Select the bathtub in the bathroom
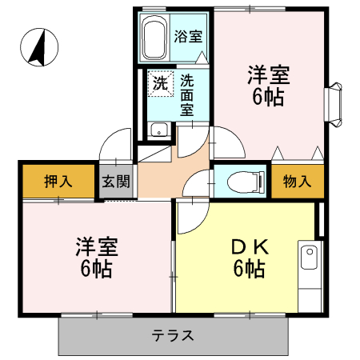(154, 38)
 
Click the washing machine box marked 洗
(160, 82)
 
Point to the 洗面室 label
(186, 94)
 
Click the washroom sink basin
(158, 130)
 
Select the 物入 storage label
(297, 181)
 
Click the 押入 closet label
(58, 181)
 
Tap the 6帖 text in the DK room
(249, 269)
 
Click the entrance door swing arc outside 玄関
(114, 144)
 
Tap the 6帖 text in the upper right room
(268, 99)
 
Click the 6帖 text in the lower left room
(94, 268)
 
